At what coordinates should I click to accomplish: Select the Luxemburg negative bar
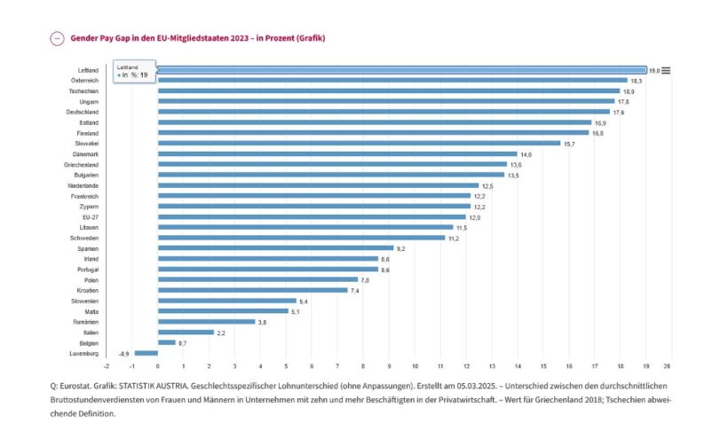click(x=146, y=353)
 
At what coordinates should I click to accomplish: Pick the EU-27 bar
click(x=312, y=216)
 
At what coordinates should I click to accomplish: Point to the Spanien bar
click(x=276, y=248)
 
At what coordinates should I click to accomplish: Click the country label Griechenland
click(x=81, y=164)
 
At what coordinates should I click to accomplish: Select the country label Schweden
click(x=84, y=238)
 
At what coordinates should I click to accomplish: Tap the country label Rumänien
click(x=86, y=321)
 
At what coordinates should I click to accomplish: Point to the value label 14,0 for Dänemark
click(x=526, y=154)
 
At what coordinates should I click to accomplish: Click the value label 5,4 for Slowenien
click(x=304, y=302)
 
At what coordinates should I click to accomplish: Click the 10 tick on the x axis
click(x=415, y=366)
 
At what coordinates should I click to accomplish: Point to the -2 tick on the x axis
click(x=107, y=366)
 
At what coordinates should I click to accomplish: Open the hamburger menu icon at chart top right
click(x=666, y=70)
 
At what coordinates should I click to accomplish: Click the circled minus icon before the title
click(x=57, y=38)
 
